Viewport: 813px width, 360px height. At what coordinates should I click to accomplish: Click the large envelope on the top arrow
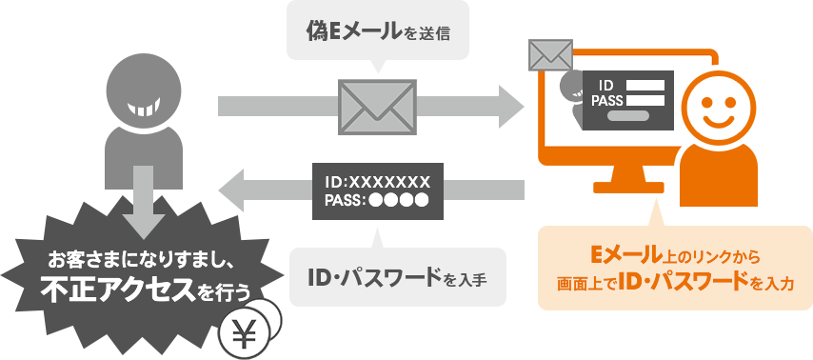377,107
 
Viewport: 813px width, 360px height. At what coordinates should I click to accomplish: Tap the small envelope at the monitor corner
550,54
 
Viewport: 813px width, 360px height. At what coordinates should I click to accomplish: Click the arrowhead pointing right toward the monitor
510,107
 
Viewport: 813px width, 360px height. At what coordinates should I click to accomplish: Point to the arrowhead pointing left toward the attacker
231,189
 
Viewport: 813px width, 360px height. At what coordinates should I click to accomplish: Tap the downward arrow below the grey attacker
140,201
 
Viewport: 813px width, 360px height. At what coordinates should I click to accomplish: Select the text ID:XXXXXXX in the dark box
377,183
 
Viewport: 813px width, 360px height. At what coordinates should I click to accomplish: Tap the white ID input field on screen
645,85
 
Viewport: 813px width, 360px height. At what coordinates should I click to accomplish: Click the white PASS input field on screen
645,101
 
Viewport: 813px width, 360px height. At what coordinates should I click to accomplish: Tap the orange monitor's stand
628,179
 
